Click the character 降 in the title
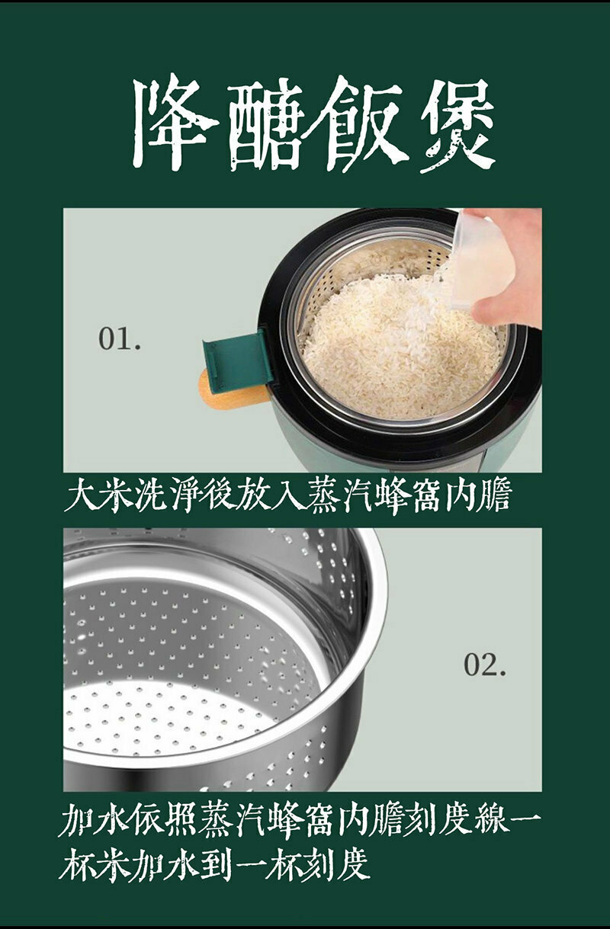coord(175,123)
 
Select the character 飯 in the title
coord(365,123)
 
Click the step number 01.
coord(120,338)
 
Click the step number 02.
coord(485,665)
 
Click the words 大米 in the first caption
coord(92,495)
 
